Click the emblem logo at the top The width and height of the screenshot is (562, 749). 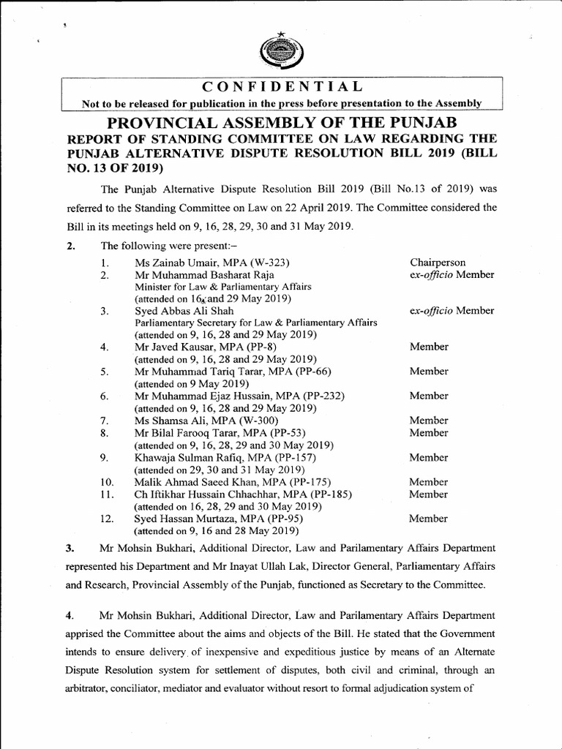pos(280,52)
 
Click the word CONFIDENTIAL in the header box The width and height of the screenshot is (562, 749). pos(280,88)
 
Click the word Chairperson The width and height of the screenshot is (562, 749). pos(438,263)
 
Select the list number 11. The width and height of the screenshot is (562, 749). pos(107,494)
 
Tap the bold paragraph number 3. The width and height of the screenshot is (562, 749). pos(70,548)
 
